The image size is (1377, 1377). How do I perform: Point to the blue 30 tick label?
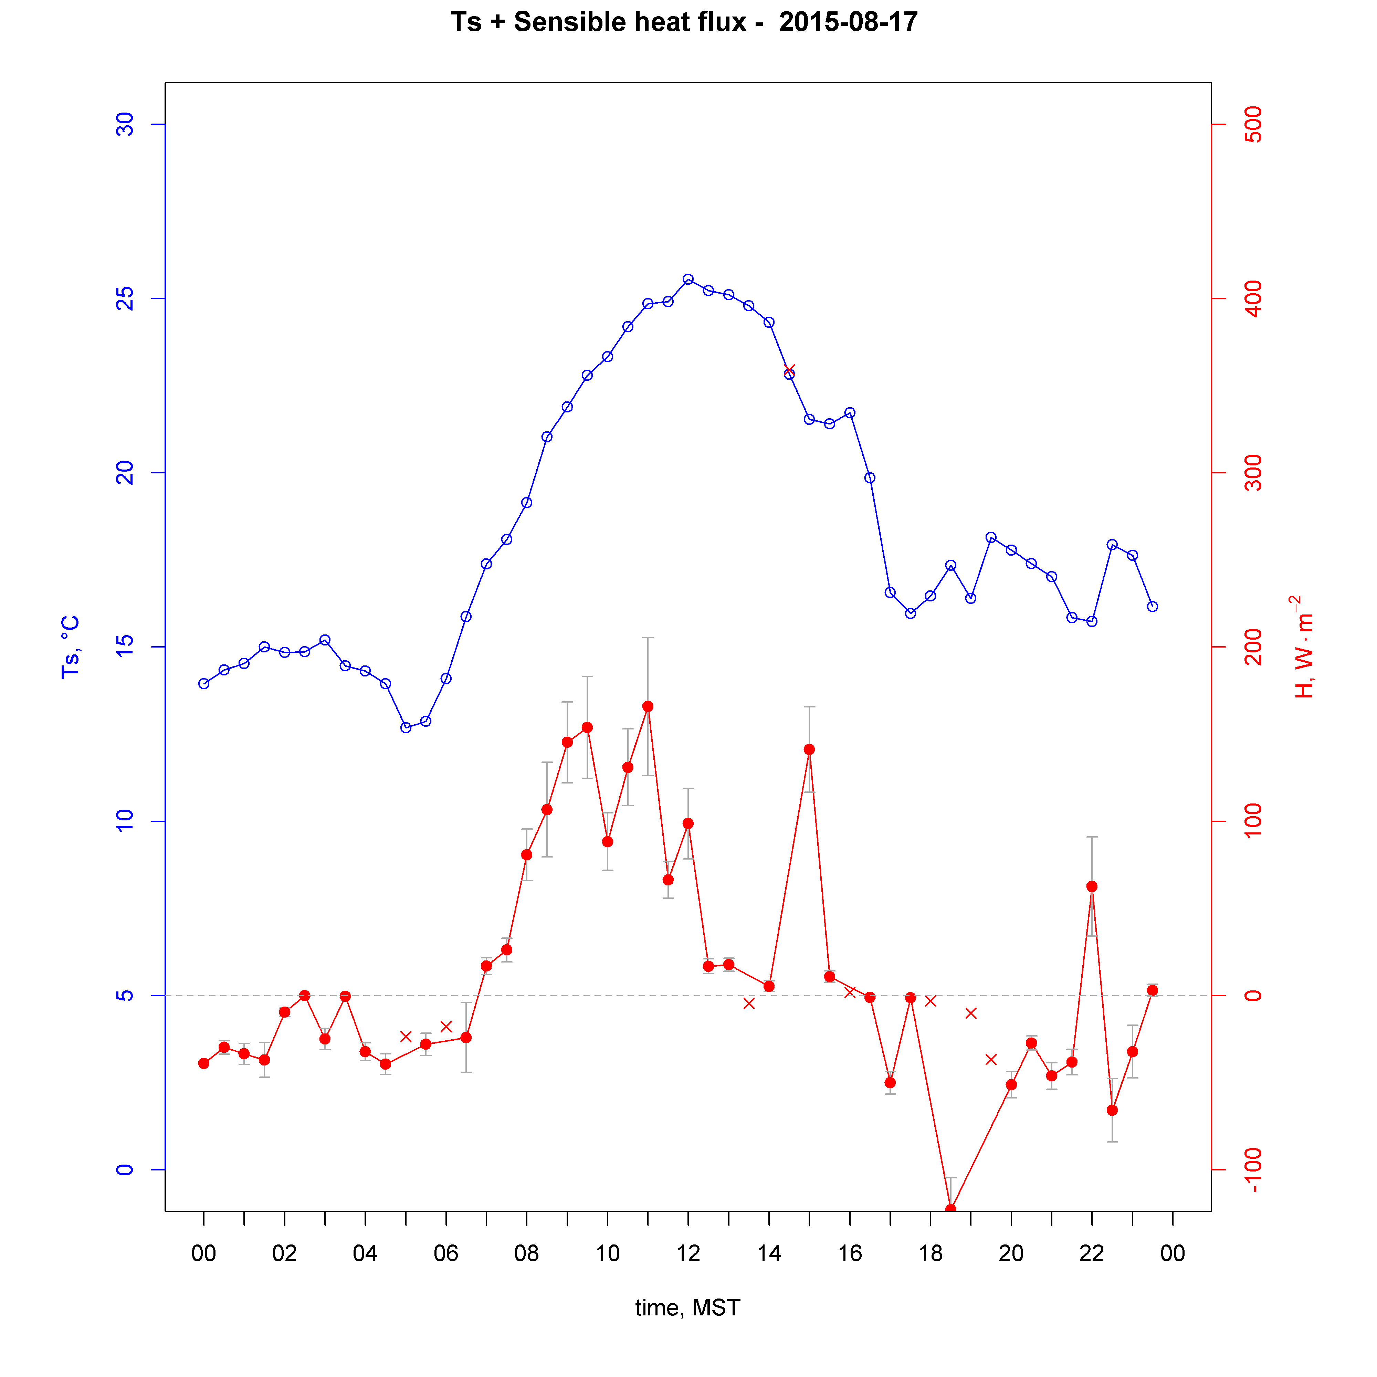[125, 125]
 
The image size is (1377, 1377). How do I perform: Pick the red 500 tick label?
[1252, 125]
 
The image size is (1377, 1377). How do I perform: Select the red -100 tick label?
[1252, 1170]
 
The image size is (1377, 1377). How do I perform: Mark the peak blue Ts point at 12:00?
[688, 280]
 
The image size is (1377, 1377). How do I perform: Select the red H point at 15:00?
[809, 749]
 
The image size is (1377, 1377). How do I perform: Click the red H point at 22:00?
[1091, 886]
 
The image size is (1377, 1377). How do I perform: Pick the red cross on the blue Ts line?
[789, 370]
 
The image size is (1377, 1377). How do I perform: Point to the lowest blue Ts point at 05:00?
[406, 728]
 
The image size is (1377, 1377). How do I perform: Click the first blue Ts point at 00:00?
[204, 684]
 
